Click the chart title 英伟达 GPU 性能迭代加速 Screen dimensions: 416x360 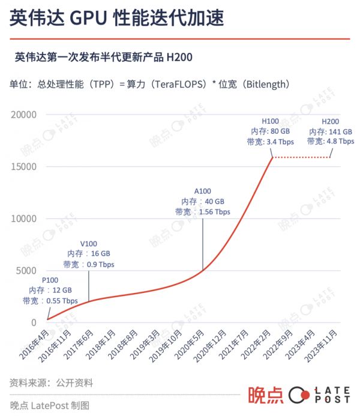pyautogui.click(x=117, y=19)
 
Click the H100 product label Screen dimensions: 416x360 pyautogui.click(x=271, y=121)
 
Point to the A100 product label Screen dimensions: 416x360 pyautogui.click(x=202, y=191)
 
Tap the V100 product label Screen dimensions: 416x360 pyautogui.click(x=89, y=244)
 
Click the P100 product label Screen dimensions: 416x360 pyautogui.click(x=50, y=280)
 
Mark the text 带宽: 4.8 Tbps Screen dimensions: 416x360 pyautogui.click(x=331, y=142)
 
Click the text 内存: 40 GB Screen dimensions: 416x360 pyautogui.click(x=203, y=202)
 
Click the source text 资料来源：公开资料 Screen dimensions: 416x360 pyautogui.click(x=52, y=382)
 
